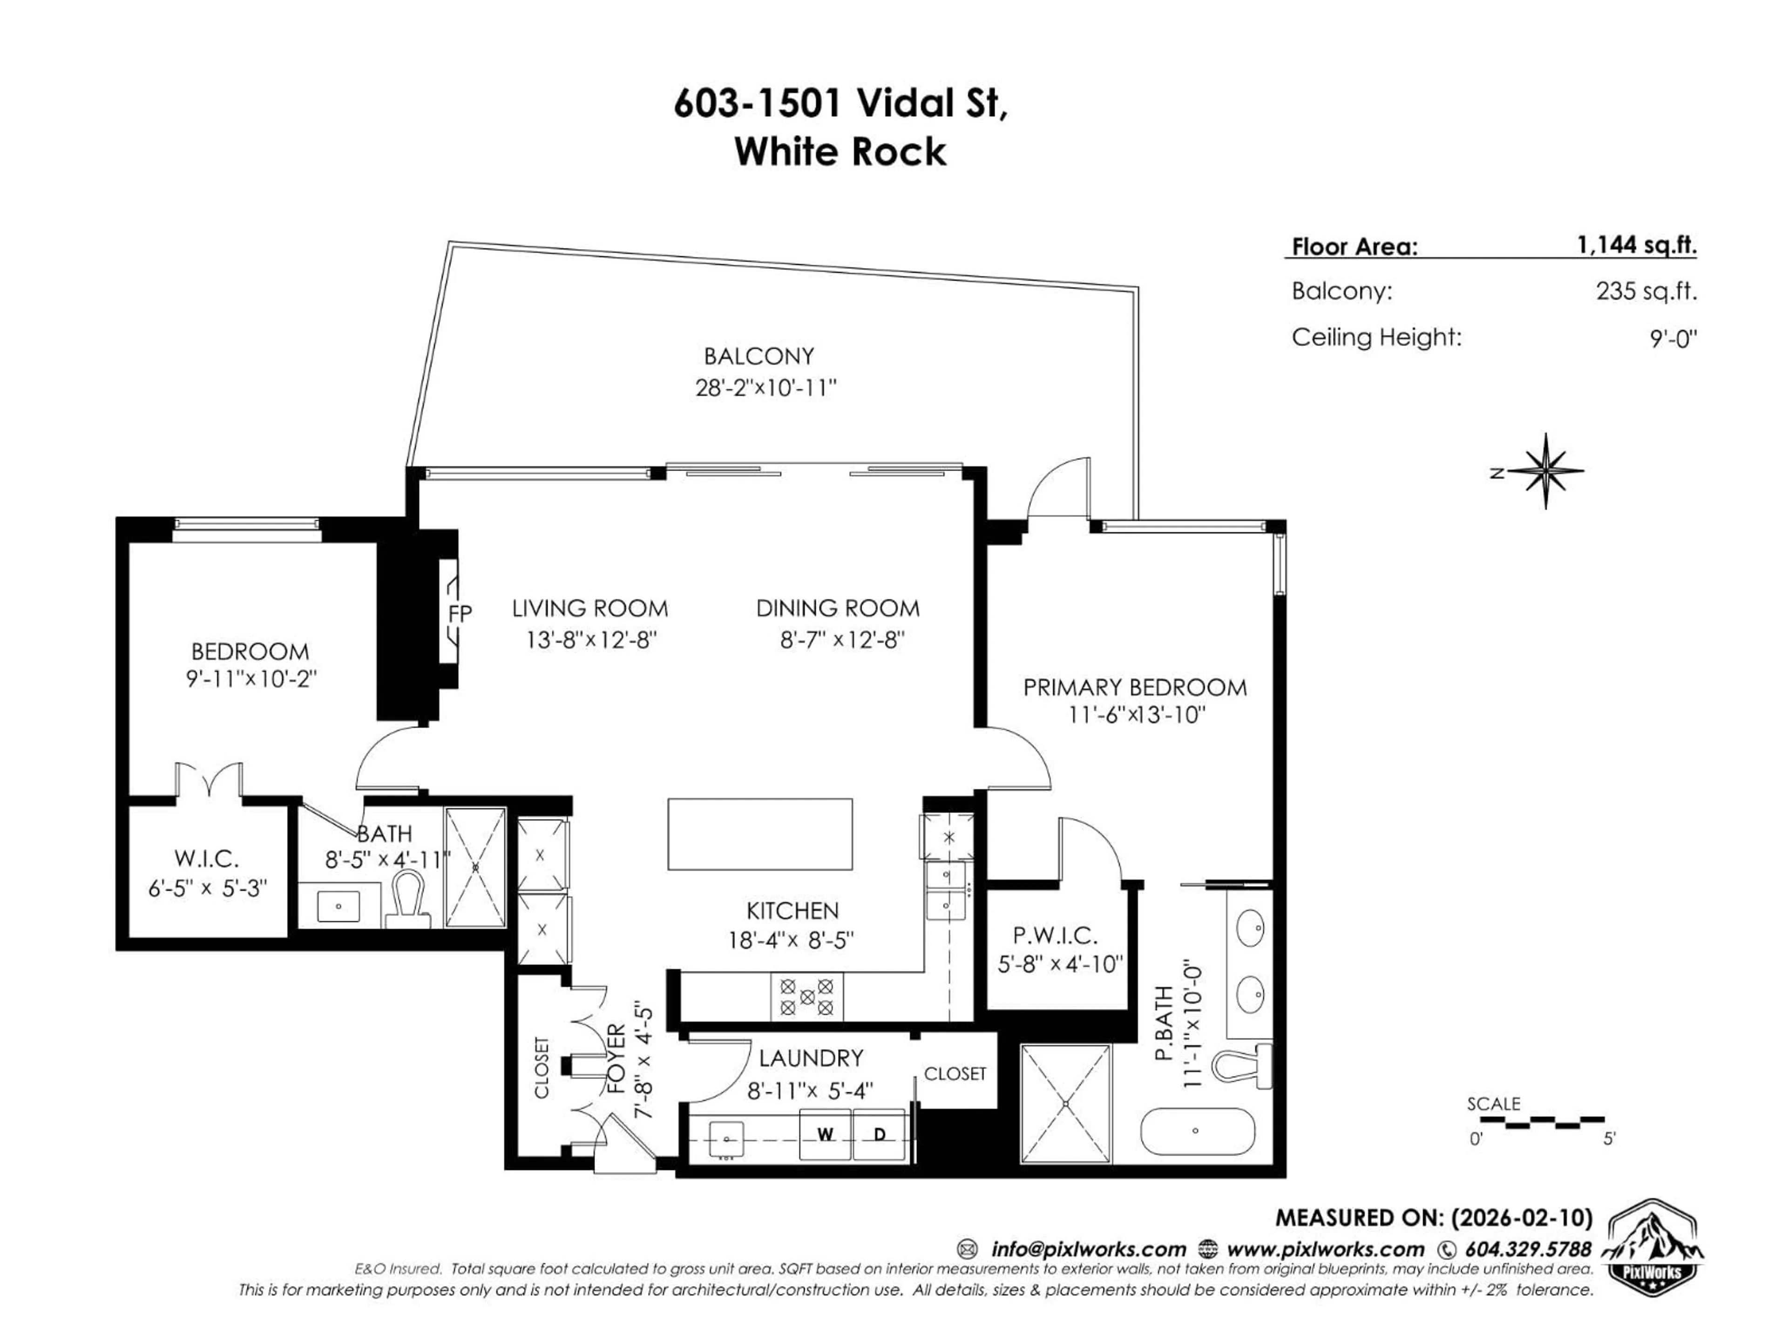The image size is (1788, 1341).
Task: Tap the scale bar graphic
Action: (1536, 1122)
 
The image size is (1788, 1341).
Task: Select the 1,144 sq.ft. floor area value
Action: (1636, 245)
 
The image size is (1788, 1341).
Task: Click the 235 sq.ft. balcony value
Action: (1646, 291)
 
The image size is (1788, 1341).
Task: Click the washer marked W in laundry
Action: (825, 1135)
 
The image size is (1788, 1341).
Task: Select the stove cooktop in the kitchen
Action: (806, 996)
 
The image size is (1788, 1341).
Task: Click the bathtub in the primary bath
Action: (1196, 1131)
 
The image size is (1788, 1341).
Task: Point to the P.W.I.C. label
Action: (1055, 936)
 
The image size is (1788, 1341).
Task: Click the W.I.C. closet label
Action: (206, 859)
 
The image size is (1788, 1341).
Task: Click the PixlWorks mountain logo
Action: (1652, 1251)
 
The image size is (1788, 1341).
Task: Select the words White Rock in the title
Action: (840, 152)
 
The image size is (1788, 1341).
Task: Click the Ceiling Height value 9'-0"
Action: (1673, 338)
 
